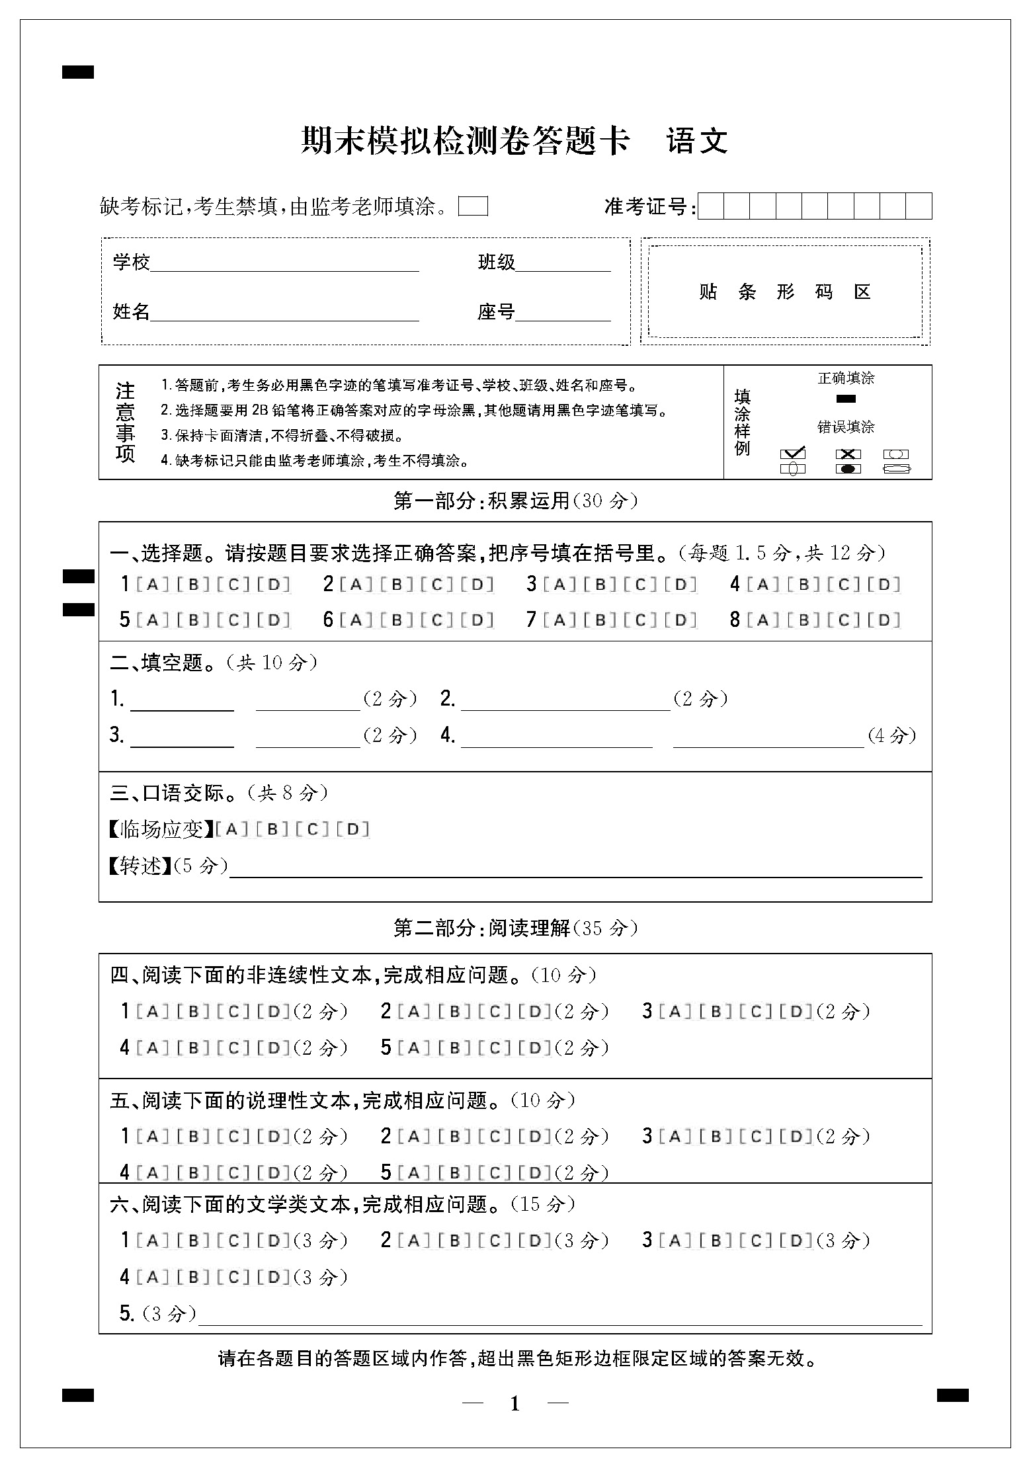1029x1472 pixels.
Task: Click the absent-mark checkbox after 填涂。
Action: (x=473, y=206)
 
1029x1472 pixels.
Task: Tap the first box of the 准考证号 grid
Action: (x=711, y=206)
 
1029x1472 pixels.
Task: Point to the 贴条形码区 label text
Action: (x=784, y=292)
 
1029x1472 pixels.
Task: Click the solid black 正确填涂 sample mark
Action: (x=846, y=399)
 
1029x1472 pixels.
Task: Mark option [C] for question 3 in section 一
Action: (x=639, y=585)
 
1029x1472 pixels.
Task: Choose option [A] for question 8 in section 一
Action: (x=762, y=620)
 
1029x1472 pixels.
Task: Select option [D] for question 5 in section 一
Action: (x=274, y=620)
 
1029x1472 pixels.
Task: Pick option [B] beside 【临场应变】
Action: (x=272, y=829)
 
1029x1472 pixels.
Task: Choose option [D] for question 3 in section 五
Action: (x=796, y=1136)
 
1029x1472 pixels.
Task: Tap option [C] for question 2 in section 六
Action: (x=495, y=1241)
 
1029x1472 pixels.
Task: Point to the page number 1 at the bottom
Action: (x=515, y=1403)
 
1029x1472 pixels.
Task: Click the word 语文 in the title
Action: (x=697, y=141)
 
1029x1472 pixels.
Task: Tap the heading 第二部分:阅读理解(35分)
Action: (x=515, y=928)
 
